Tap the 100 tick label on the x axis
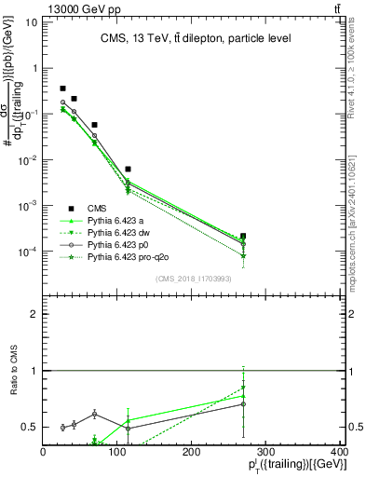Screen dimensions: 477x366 pyautogui.click(x=117, y=452)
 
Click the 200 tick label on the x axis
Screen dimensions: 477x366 pyautogui.click(x=192, y=452)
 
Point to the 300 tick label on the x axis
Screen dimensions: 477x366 pyautogui.click(x=265, y=452)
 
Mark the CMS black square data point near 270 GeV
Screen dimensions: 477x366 pyautogui.click(x=243, y=237)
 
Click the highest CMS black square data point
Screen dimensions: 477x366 pyautogui.click(x=62, y=89)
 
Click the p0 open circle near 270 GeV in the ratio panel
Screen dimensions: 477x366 pyautogui.click(x=243, y=403)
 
